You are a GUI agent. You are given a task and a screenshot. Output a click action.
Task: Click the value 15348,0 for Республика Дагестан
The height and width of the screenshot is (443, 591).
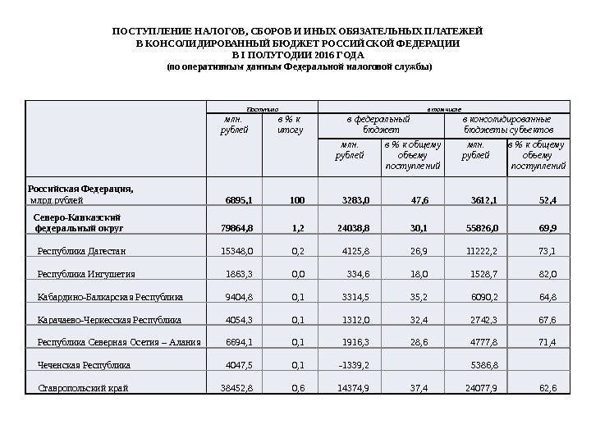pyautogui.click(x=237, y=251)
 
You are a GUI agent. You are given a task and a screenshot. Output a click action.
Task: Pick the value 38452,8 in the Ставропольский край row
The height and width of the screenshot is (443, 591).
pyautogui.click(x=237, y=386)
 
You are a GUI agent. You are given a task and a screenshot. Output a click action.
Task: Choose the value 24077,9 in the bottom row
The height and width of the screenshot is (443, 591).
pyautogui.click(x=481, y=386)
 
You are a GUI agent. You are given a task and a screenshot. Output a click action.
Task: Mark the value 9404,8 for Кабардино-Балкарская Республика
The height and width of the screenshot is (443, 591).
pyautogui.click(x=239, y=297)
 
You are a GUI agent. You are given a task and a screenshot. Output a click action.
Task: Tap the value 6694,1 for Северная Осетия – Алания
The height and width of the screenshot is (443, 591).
pyautogui.click(x=239, y=341)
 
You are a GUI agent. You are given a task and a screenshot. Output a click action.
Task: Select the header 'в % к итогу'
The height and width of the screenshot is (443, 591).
pyautogui.click(x=290, y=124)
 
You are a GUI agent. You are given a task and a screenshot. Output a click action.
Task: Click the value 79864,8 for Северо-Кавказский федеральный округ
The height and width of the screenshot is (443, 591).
pyautogui.click(x=237, y=228)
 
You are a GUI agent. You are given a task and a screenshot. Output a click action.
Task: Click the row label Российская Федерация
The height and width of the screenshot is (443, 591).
pyautogui.click(x=80, y=189)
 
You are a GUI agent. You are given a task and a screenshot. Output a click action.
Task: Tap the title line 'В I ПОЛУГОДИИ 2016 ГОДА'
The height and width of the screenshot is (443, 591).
pyautogui.click(x=295, y=54)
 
